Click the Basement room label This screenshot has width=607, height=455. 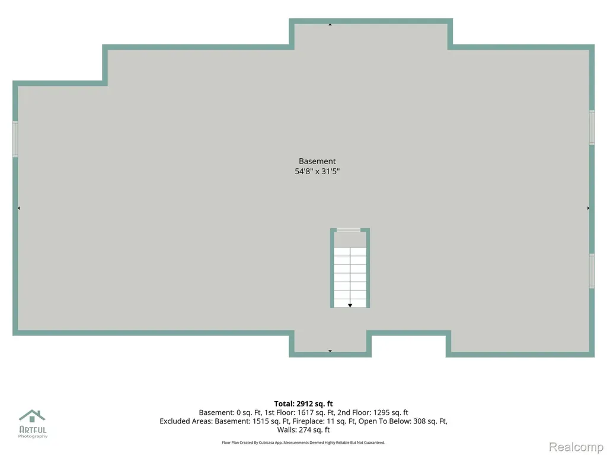point(317,161)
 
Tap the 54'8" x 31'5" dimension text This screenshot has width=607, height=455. point(317,171)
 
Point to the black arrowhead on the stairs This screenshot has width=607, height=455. point(350,306)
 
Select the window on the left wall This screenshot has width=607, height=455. point(15,139)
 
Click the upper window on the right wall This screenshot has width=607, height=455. point(592,127)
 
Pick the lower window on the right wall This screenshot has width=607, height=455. point(592,271)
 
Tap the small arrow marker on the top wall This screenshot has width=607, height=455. point(330,25)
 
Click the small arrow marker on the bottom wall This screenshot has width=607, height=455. point(330,351)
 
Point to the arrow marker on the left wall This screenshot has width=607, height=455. point(18,208)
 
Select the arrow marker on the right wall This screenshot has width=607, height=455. point(588,208)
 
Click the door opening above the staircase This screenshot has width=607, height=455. point(349,230)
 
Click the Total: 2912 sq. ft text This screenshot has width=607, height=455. point(303,404)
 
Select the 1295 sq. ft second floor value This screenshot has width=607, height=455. point(391,412)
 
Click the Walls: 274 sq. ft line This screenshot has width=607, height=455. point(303,430)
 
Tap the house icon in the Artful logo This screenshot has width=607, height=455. point(32,416)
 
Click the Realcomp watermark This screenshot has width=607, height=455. point(576,447)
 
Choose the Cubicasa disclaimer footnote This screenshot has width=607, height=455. point(303,442)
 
